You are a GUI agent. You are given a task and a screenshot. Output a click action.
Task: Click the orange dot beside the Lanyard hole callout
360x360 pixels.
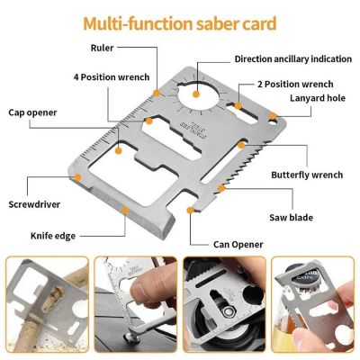[x=272, y=115]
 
